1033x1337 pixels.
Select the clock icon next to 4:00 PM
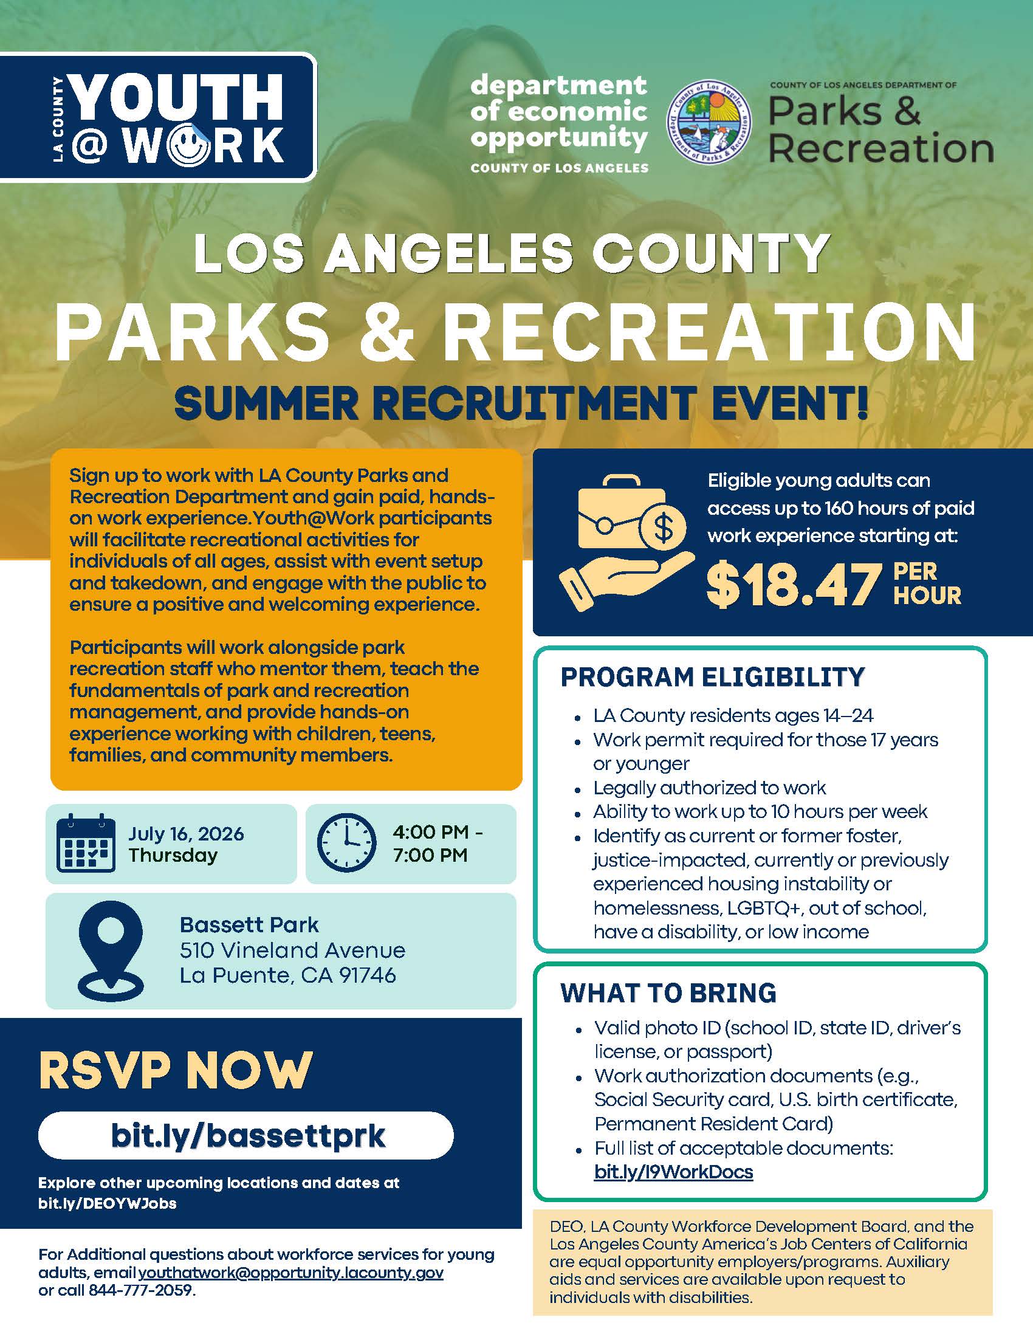click(346, 842)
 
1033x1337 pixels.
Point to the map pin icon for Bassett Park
click(111, 950)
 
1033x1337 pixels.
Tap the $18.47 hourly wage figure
click(793, 585)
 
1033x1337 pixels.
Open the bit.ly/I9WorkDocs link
click(673, 1172)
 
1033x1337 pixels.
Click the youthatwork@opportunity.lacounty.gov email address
click(290, 1273)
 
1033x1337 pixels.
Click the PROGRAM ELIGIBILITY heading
click(712, 677)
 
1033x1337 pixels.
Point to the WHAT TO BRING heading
click(668, 993)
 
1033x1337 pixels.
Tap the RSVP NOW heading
click(176, 1070)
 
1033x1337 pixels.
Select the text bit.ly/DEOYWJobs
click(107, 1203)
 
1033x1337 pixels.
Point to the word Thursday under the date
click(173, 855)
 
